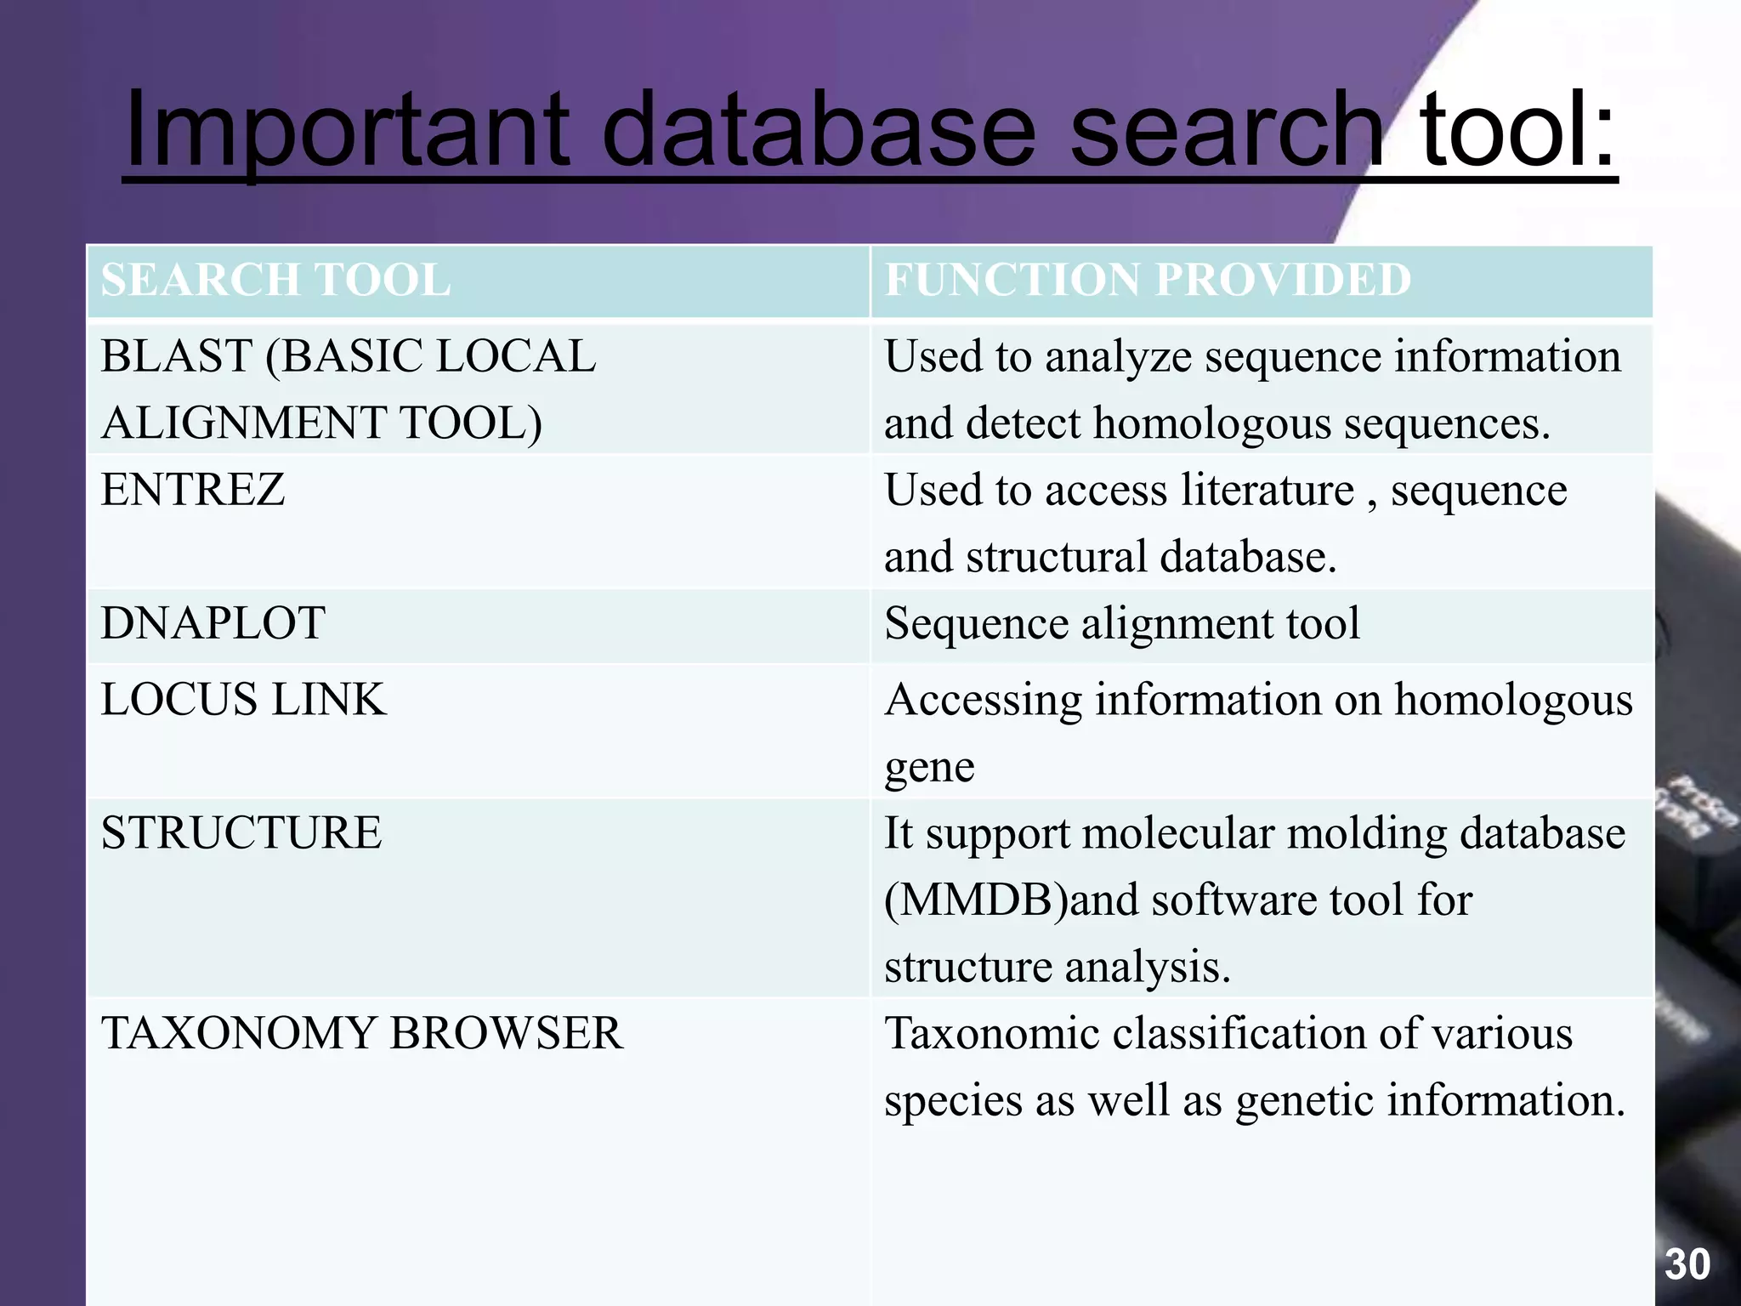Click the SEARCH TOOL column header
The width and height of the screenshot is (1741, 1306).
click(x=275, y=280)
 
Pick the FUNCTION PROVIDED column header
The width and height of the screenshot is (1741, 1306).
click(x=1148, y=280)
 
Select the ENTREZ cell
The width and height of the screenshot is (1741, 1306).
click(x=193, y=490)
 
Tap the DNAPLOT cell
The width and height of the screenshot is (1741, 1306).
click(x=213, y=623)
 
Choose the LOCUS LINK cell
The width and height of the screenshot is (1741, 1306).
click(x=243, y=700)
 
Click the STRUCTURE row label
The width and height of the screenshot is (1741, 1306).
click(x=241, y=833)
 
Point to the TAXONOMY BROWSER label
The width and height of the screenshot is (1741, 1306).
click(x=361, y=1034)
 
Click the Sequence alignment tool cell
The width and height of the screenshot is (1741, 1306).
click(x=1121, y=623)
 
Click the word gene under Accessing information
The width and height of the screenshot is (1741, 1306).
click(x=929, y=768)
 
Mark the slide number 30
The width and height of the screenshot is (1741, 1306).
click(x=1687, y=1264)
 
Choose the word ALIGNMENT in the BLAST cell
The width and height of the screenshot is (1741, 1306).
click(x=243, y=423)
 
